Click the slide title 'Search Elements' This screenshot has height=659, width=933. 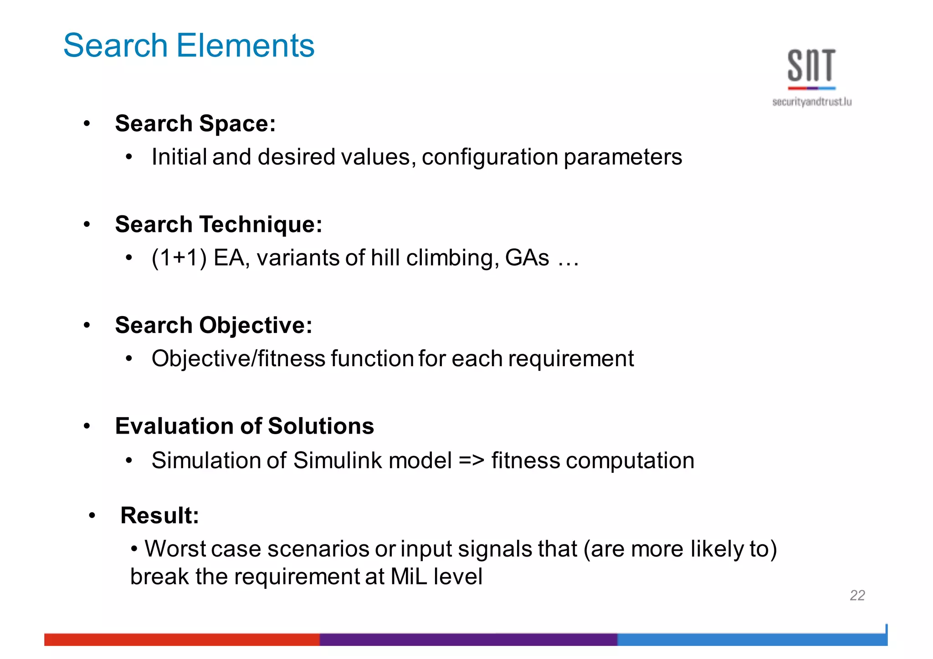click(189, 46)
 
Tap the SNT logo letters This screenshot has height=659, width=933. click(811, 66)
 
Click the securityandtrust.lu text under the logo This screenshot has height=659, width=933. click(811, 102)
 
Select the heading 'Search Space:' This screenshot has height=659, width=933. click(195, 123)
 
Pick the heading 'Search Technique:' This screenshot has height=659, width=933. click(218, 224)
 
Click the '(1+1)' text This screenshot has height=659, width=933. click(179, 258)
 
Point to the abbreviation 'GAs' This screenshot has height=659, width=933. click(527, 258)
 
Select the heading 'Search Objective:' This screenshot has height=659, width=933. click(213, 325)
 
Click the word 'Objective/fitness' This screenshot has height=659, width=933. click(238, 358)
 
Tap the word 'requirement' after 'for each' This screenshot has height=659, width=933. click(571, 358)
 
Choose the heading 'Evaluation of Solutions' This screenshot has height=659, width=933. click(244, 426)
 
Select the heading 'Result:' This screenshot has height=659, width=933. click(159, 516)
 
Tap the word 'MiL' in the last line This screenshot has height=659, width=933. click(408, 577)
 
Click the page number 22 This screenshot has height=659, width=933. click(857, 595)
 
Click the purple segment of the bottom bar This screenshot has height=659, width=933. click(468, 639)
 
